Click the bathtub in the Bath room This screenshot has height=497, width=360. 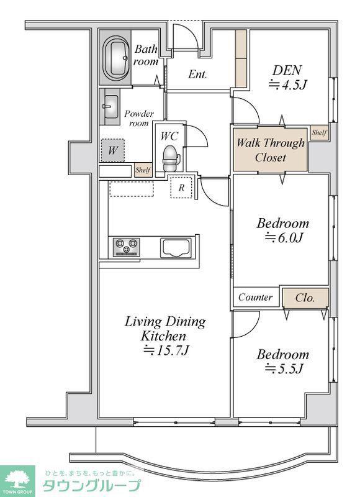[x=115, y=57]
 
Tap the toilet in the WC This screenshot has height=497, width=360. [x=171, y=158]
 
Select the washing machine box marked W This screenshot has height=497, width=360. [x=113, y=150]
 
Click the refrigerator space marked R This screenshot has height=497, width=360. [x=181, y=188]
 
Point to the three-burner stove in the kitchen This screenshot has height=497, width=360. [x=127, y=247]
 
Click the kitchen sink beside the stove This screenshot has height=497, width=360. [x=176, y=247]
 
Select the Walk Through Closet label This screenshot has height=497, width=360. [x=271, y=150]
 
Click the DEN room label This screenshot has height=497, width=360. [x=287, y=70]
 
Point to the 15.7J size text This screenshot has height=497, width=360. [x=166, y=350]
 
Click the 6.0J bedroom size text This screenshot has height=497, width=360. [x=284, y=237]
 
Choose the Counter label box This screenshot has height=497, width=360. [x=256, y=297]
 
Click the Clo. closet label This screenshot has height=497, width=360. [x=305, y=298]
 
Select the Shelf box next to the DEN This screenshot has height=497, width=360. [x=319, y=132]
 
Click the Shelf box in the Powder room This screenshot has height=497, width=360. [x=143, y=170]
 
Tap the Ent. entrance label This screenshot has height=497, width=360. [x=197, y=75]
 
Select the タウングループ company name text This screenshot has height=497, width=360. [x=91, y=486]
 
